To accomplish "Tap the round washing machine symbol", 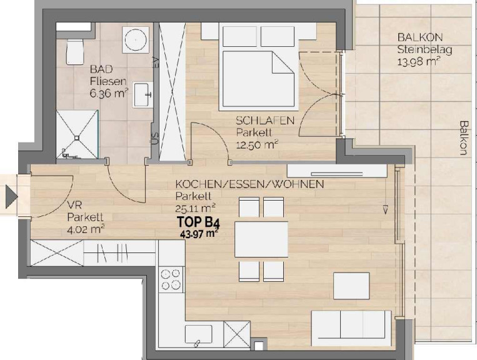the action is pos(136,39).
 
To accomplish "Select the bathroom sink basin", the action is pos(143,94).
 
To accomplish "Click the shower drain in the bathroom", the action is pos(77,137).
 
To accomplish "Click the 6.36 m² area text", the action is pos(109,93).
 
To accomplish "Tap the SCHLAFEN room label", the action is pos(265,121).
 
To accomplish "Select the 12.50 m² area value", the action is pos(258,144).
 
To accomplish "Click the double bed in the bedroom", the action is pos(259,66).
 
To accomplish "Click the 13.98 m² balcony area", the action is pos(419,62).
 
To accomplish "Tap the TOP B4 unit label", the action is pos(198,222).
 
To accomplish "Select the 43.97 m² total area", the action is pos(200,234).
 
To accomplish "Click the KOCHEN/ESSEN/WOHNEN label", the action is pos(249,184).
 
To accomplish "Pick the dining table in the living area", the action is pos(261,239).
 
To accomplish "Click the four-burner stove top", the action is pos(171,280).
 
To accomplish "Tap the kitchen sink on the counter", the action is pos(199,334).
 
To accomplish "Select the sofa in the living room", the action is pos(351,327).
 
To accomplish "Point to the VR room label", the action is pos(74,205).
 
